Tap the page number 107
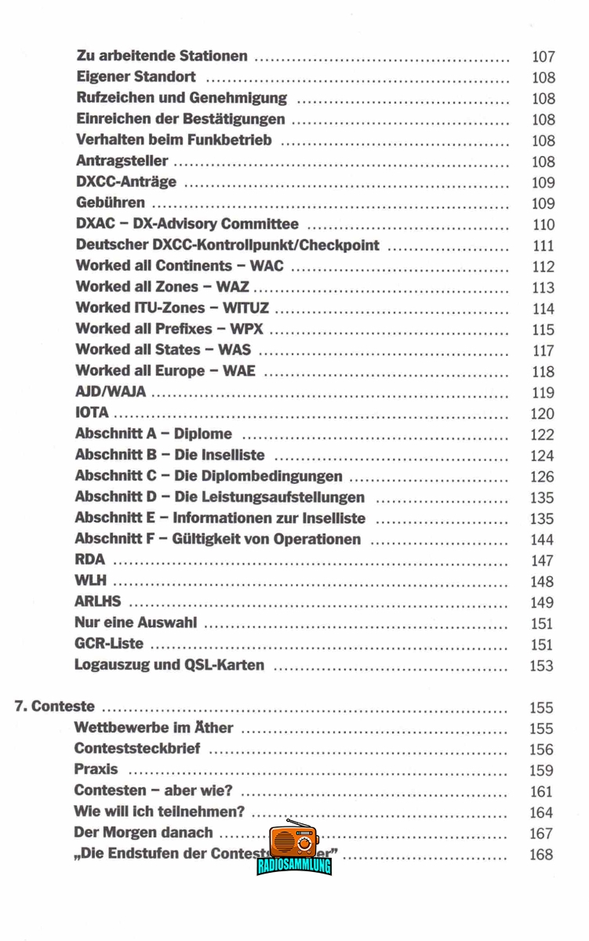coord(543,56)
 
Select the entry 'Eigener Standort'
coord(136,78)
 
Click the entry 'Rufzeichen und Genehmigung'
coord(181,98)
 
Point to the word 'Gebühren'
coord(110,203)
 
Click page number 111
coord(543,245)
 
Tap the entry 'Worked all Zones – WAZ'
coord(162,287)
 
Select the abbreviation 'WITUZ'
coord(248,308)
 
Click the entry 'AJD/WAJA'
coord(111,392)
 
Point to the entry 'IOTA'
coord(92,413)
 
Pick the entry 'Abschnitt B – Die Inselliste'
coord(169,455)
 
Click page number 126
coord(542,477)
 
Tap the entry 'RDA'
coord(89,560)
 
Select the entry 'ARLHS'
coord(97,602)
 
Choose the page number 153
coord(542,666)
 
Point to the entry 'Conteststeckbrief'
coord(136,749)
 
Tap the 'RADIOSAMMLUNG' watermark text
coord(294,867)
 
